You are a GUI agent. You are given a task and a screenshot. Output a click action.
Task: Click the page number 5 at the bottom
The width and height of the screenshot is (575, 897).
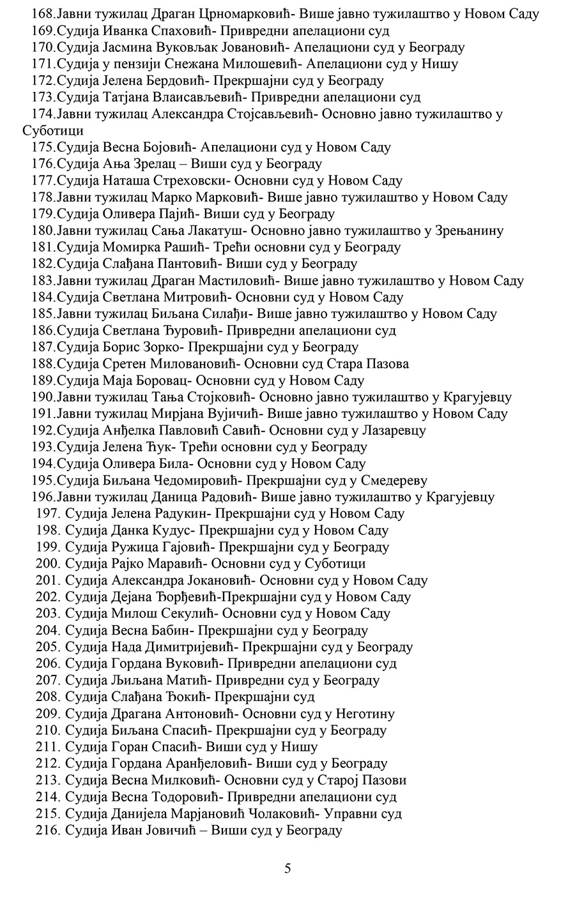(287, 868)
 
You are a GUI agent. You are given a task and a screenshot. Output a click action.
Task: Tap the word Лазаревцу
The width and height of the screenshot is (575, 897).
(394, 430)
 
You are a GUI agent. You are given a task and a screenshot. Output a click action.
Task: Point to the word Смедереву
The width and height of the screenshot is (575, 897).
(391, 479)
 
